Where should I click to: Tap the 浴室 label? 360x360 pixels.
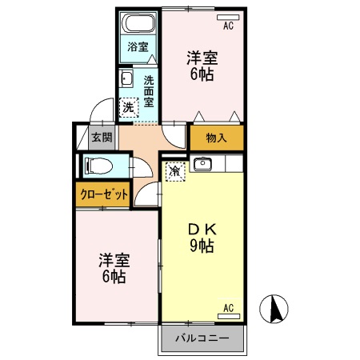tap(138, 46)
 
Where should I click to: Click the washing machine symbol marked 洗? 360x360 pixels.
tap(128, 107)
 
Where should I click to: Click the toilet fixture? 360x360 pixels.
tap(99, 166)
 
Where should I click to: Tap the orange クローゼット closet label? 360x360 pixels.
tap(103, 194)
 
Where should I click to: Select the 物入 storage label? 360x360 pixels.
tap(217, 138)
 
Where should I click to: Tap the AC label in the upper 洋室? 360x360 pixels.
tap(228, 26)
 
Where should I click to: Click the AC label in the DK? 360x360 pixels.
tap(228, 308)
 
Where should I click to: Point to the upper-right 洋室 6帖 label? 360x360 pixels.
tap(202, 66)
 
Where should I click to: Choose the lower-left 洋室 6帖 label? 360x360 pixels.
tap(113, 269)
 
